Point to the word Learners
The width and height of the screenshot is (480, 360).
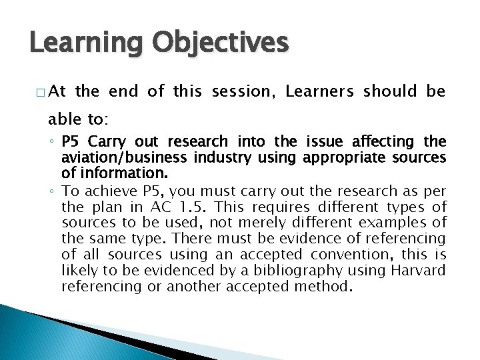pyautogui.click(x=321, y=92)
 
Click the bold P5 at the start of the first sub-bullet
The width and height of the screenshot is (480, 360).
pyautogui.click(x=70, y=141)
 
